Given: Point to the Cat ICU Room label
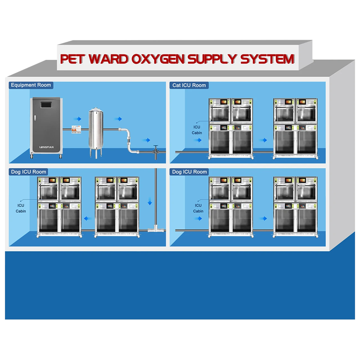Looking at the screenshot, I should click(189, 85).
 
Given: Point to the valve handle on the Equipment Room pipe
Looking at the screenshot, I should click(156, 146).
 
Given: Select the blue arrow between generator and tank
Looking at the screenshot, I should click(78, 119).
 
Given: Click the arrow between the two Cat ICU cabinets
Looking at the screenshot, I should click(263, 139).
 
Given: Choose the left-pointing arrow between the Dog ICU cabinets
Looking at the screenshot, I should click(88, 218).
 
